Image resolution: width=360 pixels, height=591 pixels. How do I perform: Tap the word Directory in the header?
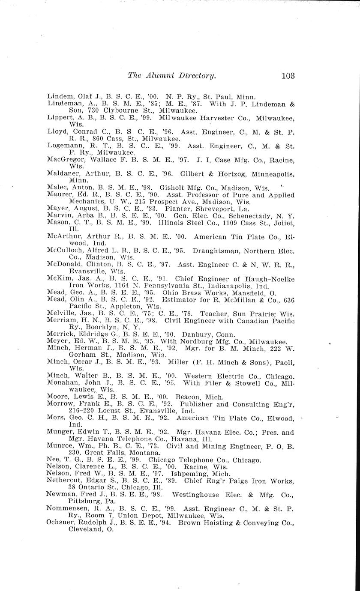[x=193, y=76]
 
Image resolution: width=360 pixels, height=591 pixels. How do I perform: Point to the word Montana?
[x=143, y=453]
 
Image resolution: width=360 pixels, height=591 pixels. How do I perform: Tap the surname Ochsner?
[x=61, y=523]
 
